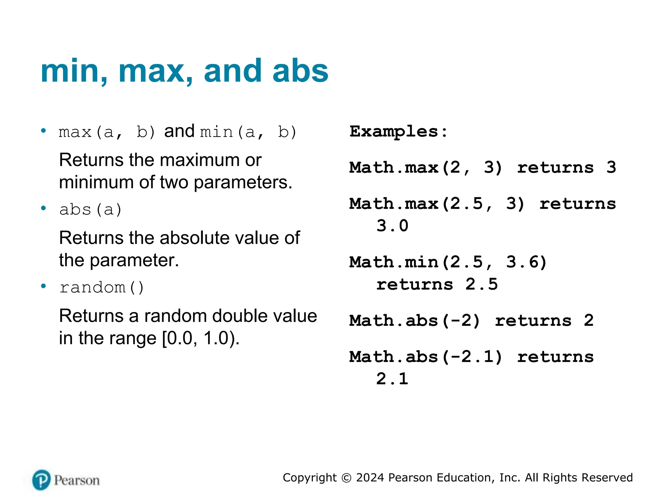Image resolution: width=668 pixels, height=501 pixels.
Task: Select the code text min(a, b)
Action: click(x=248, y=132)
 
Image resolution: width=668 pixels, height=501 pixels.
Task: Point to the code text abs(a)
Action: click(x=91, y=209)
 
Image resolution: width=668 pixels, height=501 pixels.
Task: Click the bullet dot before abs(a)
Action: click(x=43, y=208)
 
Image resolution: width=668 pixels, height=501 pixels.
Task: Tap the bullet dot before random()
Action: click(x=43, y=286)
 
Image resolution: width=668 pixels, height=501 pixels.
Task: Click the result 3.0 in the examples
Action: click(x=392, y=226)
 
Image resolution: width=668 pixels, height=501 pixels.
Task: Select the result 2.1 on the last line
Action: click(x=392, y=379)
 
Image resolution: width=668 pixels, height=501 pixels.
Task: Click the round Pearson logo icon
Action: click(x=41, y=480)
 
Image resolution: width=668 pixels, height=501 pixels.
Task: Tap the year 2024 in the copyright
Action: click(x=370, y=478)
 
